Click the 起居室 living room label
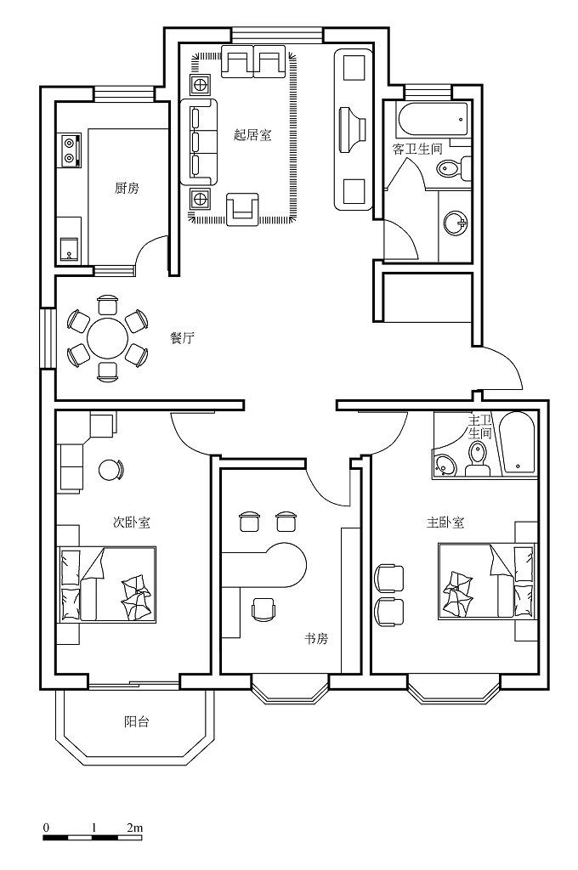click(252, 135)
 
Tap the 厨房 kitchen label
click(127, 189)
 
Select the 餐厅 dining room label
click(182, 338)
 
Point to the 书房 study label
click(316, 639)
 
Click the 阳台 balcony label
click(137, 722)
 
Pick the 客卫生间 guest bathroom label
click(417, 149)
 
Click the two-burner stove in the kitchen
click(70, 150)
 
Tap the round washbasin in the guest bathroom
click(455, 223)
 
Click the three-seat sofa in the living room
click(198, 142)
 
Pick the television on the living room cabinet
click(351, 129)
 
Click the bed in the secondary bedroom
click(106, 585)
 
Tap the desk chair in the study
click(263, 608)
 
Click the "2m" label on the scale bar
click(135, 828)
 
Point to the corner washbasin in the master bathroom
click(445, 465)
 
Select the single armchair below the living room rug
click(242, 209)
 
